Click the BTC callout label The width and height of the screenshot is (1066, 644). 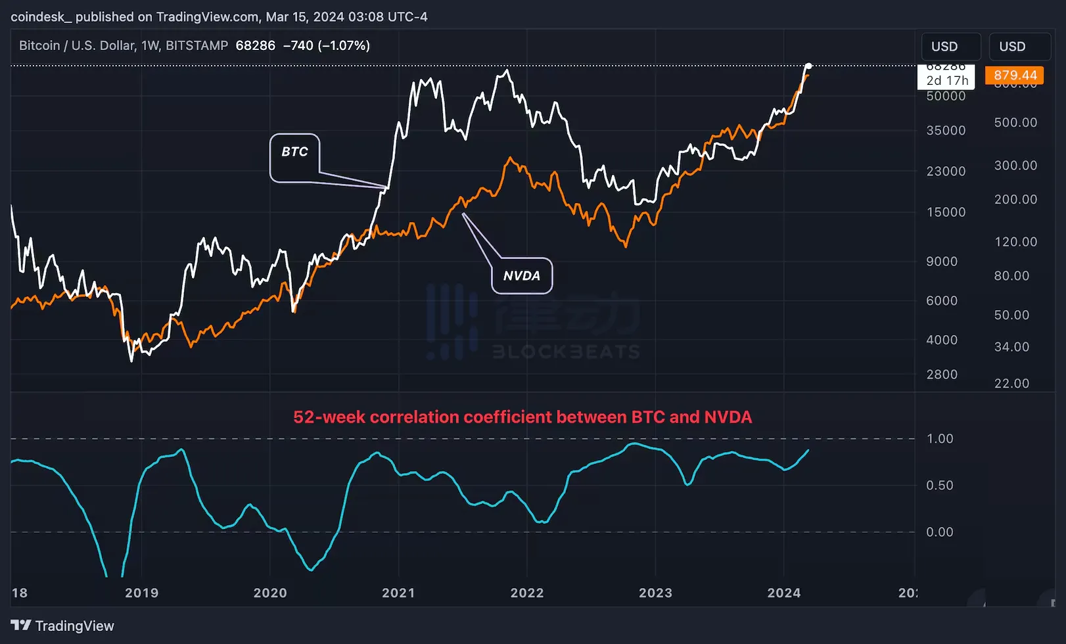[x=294, y=152]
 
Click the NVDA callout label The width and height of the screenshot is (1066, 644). [x=522, y=276]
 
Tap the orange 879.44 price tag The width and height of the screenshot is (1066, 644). [x=1015, y=76]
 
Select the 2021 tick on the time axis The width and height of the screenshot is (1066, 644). [x=398, y=593]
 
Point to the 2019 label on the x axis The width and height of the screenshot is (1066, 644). [x=142, y=593]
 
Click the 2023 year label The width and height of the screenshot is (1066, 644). [x=655, y=593]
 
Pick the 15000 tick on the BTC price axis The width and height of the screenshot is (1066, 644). [x=946, y=212]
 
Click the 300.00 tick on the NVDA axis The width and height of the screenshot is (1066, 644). [x=1015, y=166]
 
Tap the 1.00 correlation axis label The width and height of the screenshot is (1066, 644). [x=939, y=438]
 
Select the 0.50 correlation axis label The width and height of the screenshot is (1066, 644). [x=939, y=485]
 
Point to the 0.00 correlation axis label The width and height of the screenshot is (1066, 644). [x=939, y=532]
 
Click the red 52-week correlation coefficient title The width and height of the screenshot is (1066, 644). [x=522, y=417]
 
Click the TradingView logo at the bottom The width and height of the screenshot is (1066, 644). [x=62, y=626]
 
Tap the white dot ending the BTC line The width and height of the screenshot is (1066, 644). [x=808, y=66]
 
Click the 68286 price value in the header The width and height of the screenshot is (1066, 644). [x=255, y=45]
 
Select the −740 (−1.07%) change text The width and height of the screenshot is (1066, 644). [x=326, y=45]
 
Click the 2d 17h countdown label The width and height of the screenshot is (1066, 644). [x=947, y=81]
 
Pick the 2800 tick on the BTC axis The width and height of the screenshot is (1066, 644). [x=942, y=375]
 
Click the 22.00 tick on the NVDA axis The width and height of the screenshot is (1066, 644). [x=1011, y=383]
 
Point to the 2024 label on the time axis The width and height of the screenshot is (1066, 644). [x=784, y=593]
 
